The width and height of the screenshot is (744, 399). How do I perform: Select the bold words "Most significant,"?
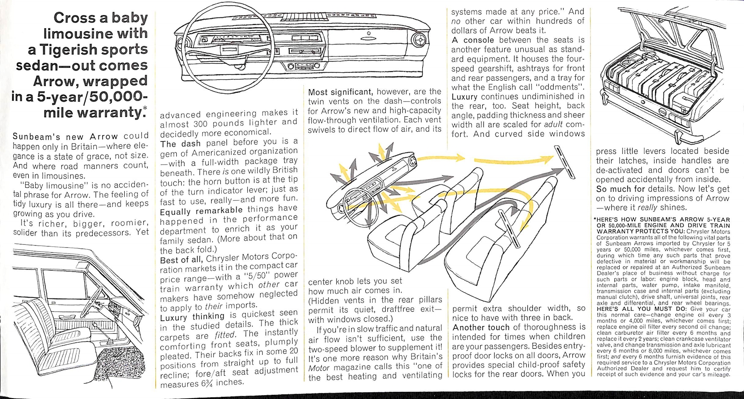tap(340, 91)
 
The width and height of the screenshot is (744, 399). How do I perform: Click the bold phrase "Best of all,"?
tap(181, 260)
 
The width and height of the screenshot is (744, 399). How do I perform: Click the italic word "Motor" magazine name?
tap(319, 368)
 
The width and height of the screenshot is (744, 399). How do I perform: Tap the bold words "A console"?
tap(473, 40)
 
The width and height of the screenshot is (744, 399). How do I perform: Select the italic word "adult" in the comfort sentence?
tap(554, 124)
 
